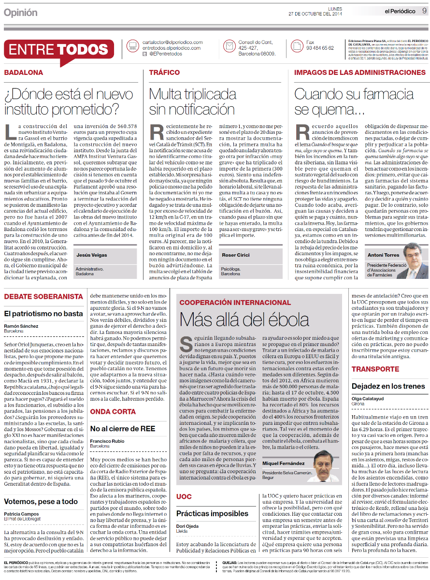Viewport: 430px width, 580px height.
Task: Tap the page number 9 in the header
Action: pos(424,11)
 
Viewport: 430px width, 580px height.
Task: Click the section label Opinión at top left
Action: pos(20,13)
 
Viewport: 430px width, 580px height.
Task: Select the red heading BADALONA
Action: pos(24,72)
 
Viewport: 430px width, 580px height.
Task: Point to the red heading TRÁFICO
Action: pos(164,72)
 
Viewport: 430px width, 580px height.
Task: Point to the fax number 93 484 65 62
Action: pos(320,48)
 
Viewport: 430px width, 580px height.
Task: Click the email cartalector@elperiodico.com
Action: pos(172,42)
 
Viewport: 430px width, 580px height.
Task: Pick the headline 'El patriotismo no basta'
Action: pos(43,313)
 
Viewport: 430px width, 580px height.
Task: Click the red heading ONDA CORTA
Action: pos(113,412)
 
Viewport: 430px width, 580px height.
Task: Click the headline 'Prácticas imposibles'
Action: pos(212,513)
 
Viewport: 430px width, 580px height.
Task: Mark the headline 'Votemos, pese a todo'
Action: pos(41,501)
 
